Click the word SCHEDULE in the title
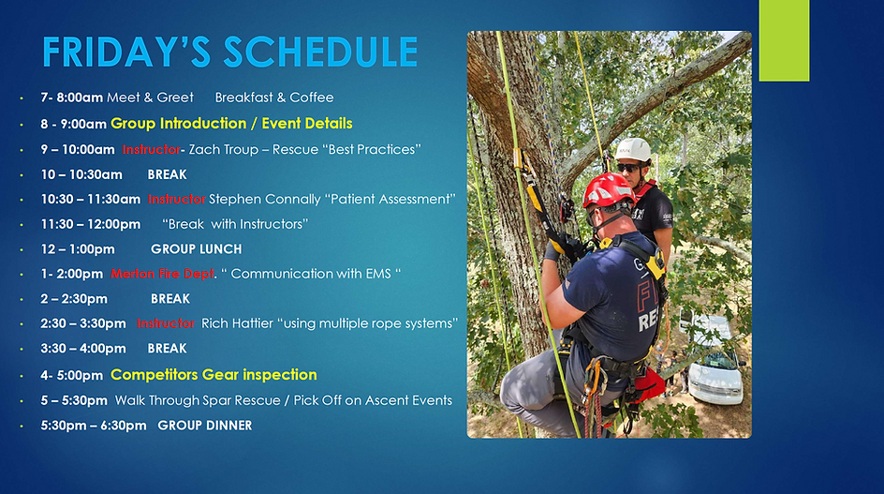coord(320,52)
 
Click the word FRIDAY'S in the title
coord(126,52)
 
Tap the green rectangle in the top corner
coord(784,40)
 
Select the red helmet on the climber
coord(608,191)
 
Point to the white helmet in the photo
coord(633,150)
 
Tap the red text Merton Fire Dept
coord(162,274)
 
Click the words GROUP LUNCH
coord(197,249)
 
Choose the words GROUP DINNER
coord(205,426)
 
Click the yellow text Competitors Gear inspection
coord(214,375)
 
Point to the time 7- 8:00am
coord(71,97)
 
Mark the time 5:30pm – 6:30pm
coord(93,426)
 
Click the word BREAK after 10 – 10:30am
coord(167,175)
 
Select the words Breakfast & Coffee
coord(274,97)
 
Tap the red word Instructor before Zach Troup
coord(151,150)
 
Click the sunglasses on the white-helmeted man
coord(628,168)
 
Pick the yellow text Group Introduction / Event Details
coord(231,124)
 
